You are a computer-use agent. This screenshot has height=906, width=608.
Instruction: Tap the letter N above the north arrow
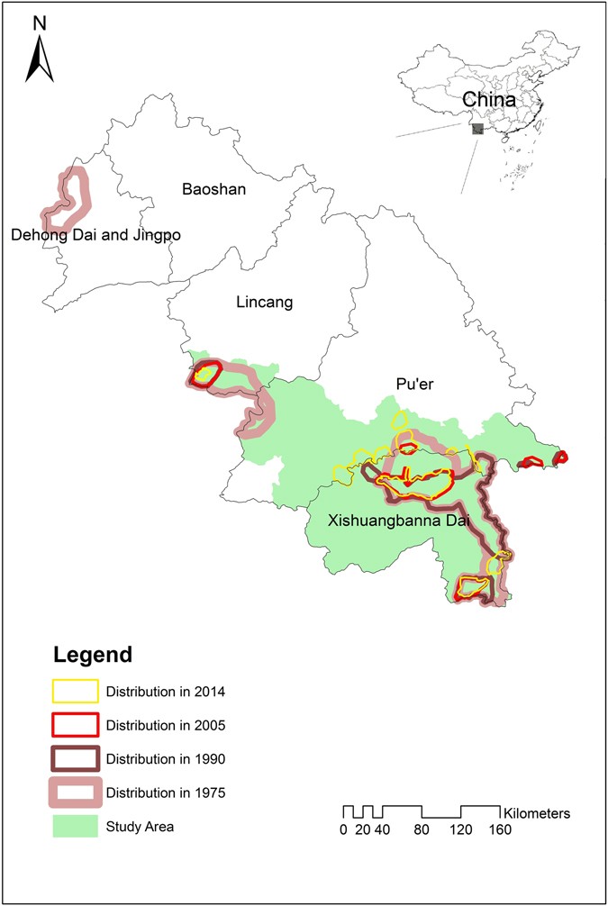pyautogui.click(x=40, y=23)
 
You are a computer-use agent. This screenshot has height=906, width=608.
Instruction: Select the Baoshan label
pyautogui.click(x=213, y=190)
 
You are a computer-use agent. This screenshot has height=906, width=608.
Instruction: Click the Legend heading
pyautogui.click(x=92, y=653)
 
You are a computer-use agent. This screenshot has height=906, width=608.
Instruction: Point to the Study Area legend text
pyautogui.click(x=140, y=826)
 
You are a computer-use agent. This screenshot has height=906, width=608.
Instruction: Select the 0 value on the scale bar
pyautogui.click(x=343, y=829)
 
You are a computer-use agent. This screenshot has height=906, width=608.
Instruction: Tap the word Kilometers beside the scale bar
pyautogui.click(x=537, y=812)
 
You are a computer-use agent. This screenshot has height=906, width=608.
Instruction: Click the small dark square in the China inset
pyautogui.click(x=477, y=129)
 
